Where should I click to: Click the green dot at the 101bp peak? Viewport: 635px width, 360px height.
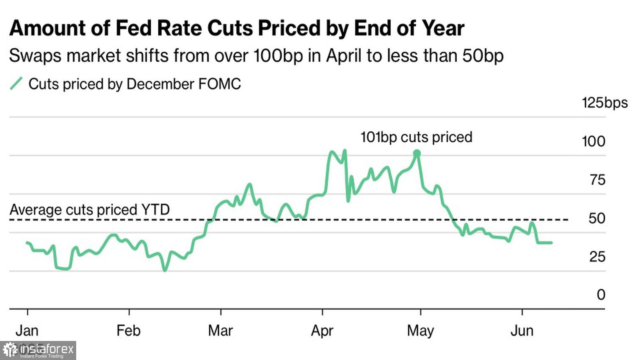417,153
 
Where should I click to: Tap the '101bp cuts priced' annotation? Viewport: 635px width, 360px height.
416,137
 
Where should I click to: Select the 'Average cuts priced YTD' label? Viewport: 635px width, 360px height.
90,210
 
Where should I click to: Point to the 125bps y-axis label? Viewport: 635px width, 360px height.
605,103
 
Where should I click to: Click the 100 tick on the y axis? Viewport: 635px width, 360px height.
594,141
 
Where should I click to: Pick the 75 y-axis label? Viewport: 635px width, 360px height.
597,180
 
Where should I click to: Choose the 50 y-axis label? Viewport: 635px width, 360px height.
597,219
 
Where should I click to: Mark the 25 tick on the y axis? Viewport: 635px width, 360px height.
597,257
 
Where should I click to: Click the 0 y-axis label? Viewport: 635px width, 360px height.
601,295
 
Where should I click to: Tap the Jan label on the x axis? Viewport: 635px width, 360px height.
27,331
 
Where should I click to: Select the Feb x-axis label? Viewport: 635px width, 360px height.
128,331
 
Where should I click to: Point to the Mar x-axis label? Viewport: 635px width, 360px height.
221,331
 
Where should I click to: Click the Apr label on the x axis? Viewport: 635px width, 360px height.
322,331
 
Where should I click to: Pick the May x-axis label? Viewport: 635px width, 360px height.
420,331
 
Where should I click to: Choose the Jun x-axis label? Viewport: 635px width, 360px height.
522,331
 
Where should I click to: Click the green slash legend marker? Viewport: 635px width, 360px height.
16,84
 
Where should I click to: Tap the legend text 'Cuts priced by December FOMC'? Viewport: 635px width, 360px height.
135,84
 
